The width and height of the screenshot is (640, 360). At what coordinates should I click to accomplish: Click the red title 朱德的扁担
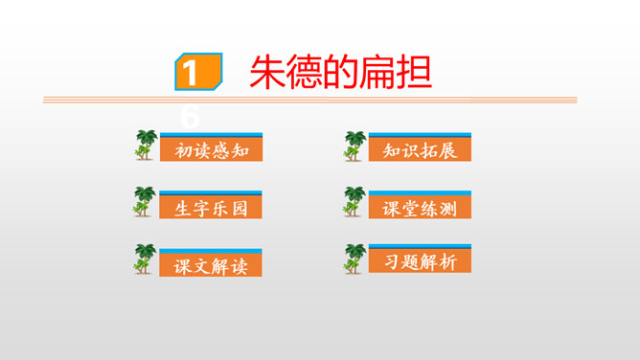click(x=340, y=73)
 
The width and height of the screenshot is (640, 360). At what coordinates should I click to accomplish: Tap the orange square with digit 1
click(x=196, y=74)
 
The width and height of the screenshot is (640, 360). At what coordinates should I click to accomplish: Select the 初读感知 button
click(x=212, y=150)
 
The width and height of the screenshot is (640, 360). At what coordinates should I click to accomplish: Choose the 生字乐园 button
click(x=212, y=208)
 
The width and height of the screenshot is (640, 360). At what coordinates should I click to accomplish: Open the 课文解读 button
click(x=212, y=266)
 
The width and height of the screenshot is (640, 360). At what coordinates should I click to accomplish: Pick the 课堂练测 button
click(x=420, y=207)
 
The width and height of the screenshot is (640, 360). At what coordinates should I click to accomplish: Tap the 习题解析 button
click(x=420, y=262)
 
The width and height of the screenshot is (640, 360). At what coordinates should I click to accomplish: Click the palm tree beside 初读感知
click(x=145, y=146)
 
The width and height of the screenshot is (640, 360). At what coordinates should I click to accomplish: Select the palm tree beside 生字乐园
click(x=145, y=202)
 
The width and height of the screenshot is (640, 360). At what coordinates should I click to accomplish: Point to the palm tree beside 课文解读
click(x=145, y=259)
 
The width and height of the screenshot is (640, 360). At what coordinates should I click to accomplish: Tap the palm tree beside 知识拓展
click(x=354, y=146)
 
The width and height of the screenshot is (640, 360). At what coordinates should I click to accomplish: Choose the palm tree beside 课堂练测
click(x=354, y=202)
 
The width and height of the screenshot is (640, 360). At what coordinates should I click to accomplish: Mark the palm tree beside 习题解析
click(x=354, y=259)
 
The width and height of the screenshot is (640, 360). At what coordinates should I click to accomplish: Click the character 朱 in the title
click(x=268, y=73)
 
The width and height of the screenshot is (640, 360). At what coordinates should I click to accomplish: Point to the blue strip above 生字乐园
click(x=212, y=193)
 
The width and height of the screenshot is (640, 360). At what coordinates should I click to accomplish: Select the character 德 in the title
click(x=305, y=73)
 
